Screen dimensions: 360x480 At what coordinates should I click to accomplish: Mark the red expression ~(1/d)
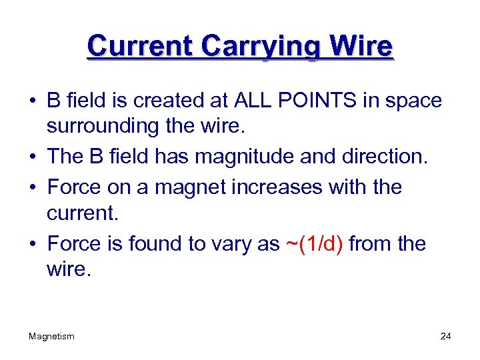(x=314, y=245)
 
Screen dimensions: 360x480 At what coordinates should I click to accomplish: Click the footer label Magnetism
(x=51, y=337)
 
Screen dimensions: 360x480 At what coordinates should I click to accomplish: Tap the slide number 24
(x=445, y=337)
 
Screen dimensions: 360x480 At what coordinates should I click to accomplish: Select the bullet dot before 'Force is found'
(x=32, y=245)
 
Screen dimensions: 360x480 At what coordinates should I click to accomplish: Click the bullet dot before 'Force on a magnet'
(x=32, y=188)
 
